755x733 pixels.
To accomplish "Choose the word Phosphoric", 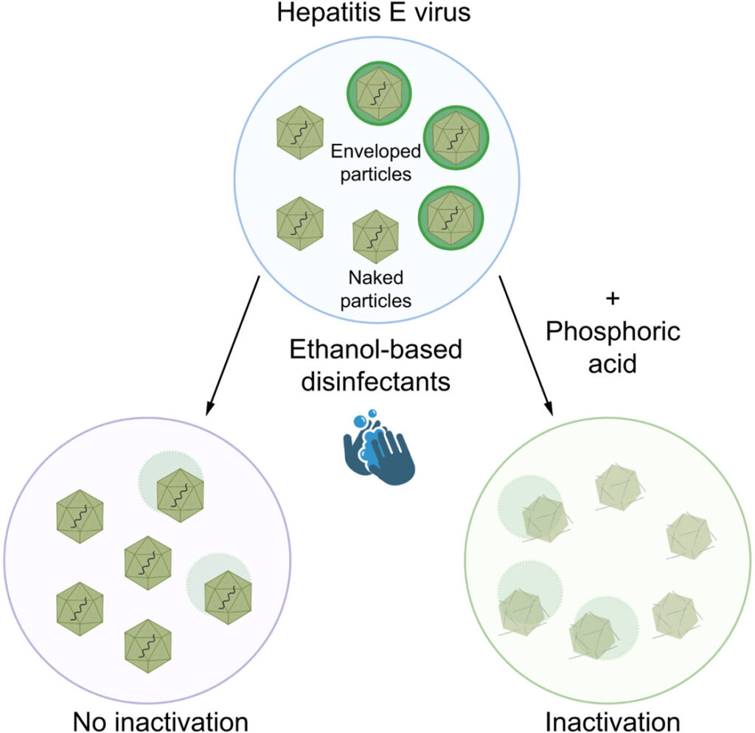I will pos(612,333).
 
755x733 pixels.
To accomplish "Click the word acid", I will pos(612,364).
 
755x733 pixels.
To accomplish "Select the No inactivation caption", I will pos(159,720).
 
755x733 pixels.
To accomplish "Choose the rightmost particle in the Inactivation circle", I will pos(689,536).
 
